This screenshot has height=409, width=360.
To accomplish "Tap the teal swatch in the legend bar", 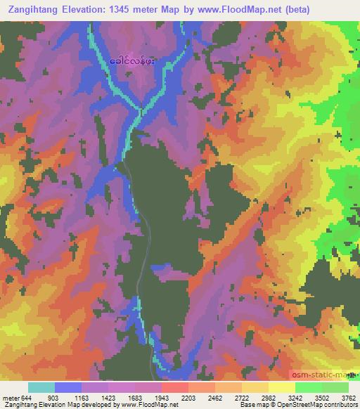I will click(41, 387).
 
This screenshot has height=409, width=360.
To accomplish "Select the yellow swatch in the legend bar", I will click(282, 387).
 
